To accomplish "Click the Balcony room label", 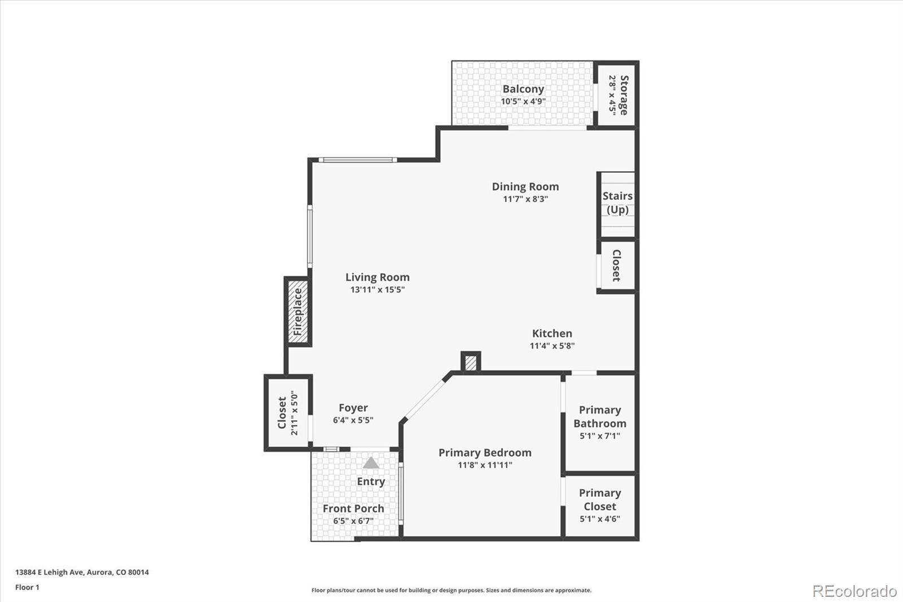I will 523,89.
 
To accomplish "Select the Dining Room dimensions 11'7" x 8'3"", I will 525,199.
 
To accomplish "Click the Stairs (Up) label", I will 617,203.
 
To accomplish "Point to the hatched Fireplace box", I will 298,312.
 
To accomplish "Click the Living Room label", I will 377,277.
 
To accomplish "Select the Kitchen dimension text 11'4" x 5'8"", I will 552,346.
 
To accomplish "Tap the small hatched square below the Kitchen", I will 471,362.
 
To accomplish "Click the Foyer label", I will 353,408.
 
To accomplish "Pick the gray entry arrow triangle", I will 371,463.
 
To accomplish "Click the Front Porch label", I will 353,508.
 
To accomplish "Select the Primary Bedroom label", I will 485,452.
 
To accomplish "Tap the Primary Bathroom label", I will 599,417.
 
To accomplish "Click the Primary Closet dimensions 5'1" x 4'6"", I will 599,518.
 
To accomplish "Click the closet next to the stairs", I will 617,266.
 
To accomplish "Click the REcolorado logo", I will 854,591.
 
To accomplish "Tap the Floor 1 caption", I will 27,587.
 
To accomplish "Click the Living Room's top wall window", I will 357,160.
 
